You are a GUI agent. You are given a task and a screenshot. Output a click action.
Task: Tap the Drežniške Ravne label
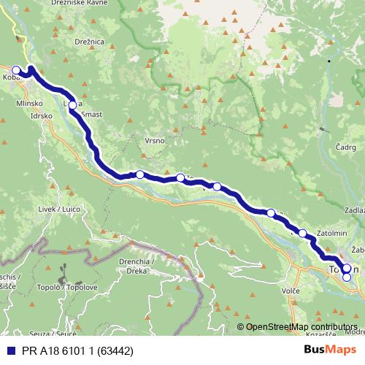coord(79,4)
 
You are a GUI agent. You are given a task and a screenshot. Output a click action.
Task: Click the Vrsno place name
coord(157,140)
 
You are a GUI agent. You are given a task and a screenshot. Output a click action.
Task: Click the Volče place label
coord(291,291)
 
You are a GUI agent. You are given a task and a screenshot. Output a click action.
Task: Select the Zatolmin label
coord(335,234)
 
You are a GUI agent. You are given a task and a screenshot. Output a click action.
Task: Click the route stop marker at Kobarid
coord(16,70)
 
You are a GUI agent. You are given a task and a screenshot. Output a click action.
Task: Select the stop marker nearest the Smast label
coord(72,104)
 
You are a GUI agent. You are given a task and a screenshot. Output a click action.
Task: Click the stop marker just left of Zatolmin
coord(302,233)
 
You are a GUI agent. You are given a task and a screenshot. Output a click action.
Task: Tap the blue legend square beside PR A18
coord(9,350)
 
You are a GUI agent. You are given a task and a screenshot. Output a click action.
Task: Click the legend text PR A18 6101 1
coord(66,350)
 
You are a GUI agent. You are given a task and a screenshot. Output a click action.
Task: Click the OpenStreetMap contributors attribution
coord(301,327)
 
